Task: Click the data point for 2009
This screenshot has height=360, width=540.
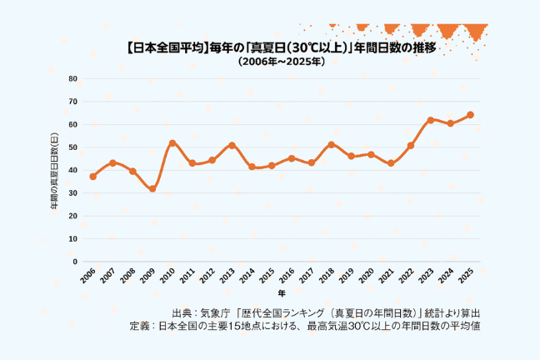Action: coord(152,189)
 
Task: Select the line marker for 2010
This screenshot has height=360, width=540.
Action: coord(172,143)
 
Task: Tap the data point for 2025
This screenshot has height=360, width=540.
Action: coord(471,115)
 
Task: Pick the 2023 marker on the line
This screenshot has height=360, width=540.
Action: coord(431,120)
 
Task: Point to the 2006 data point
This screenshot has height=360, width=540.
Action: coord(93,177)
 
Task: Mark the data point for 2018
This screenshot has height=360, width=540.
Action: coord(332,145)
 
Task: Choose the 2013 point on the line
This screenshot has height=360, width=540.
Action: coord(232,145)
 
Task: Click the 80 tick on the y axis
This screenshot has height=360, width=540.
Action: coord(73,78)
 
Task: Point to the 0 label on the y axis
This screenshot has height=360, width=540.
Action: coord(75,262)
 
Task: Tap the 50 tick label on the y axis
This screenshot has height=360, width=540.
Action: coord(73,147)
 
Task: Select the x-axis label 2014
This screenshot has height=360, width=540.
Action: coord(247,277)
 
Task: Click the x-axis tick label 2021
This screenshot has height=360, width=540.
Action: coord(386,277)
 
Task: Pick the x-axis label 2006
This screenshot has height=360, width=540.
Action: coord(87,277)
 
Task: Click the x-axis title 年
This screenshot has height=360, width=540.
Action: coord(282,293)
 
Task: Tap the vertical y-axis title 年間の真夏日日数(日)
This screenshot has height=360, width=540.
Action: coord(54,171)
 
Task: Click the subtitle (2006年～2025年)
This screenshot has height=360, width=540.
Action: coord(282,62)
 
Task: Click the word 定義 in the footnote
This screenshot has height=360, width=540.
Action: coord(139,326)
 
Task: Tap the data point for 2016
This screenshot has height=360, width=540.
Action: coord(292,158)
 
